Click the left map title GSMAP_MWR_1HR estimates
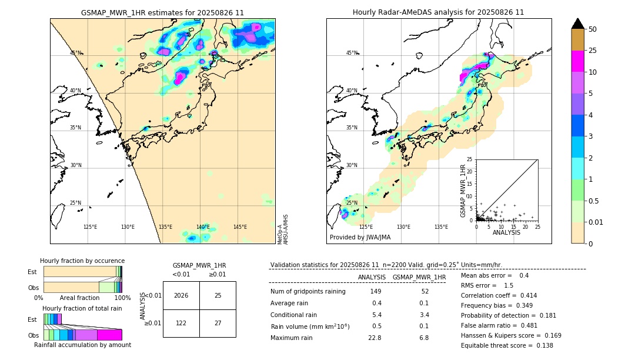(162, 12)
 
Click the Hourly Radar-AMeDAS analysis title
(438, 12)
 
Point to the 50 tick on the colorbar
(593, 29)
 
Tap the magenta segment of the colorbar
(577, 61)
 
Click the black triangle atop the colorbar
(577, 24)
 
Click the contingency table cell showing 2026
(181, 295)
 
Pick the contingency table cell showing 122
(181, 323)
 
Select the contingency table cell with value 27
(218, 323)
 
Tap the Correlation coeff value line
(499, 295)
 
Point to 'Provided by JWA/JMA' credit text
(360, 238)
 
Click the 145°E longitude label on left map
(240, 227)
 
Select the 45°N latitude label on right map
(352, 53)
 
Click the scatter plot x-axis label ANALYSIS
(507, 232)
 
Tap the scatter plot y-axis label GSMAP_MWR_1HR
(463, 189)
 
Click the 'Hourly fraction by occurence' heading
(82, 261)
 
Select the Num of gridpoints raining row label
(308, 292)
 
